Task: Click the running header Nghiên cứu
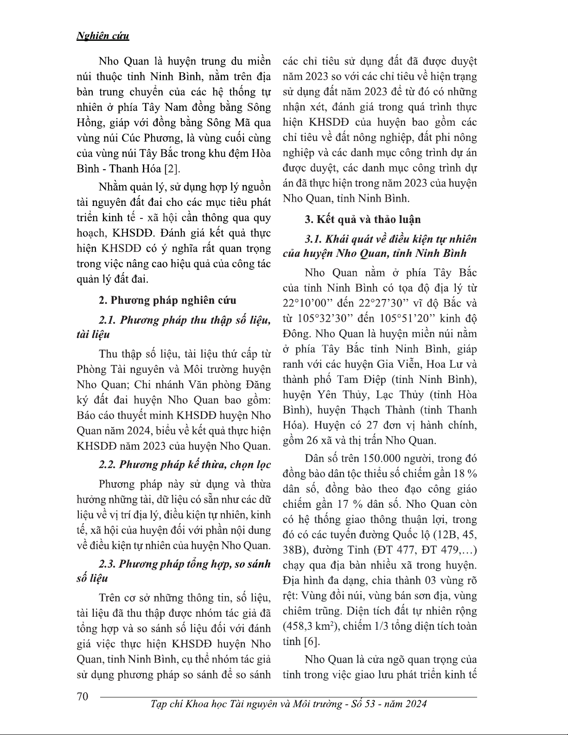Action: [x=102, y=36]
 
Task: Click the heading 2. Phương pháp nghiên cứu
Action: [x=167, y=300]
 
